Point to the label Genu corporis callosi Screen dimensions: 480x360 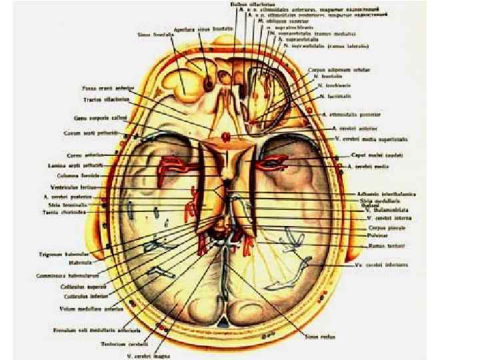click(98, 118)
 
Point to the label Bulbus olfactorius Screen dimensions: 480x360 click(245, 3)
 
